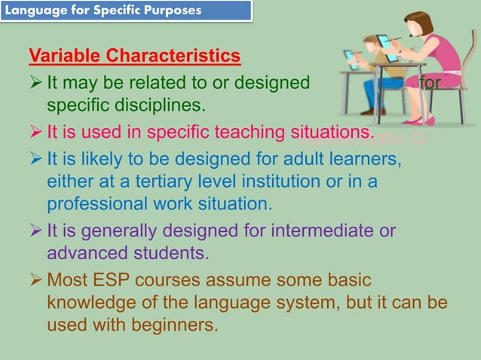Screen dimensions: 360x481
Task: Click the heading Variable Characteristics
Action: [135, 56]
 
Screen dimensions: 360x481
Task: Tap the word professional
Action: [96, 203]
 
